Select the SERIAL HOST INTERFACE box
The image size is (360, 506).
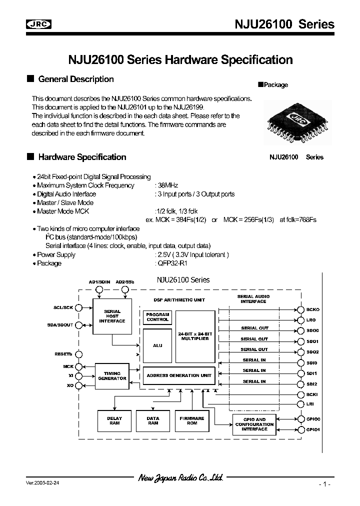click(112, 316)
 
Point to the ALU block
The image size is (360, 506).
click(156, 345)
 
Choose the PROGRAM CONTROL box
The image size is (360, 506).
click(157, 316)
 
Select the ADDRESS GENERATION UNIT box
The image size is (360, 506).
click(178, 375)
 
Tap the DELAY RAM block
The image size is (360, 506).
click(114, 420)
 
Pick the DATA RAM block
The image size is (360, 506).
click(153, 420)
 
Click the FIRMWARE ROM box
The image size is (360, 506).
click(192, 420)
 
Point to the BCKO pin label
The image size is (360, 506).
click(312, 310)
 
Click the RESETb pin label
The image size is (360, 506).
click(63, 354)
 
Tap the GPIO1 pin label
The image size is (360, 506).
click(313, 429)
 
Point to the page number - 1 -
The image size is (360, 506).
click(324, 484)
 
